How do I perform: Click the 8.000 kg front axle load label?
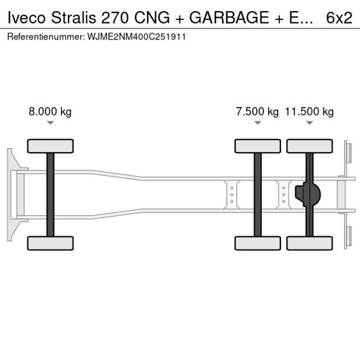pyautogui.click(x=50, y=112)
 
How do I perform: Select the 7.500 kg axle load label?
pyautogui.click(x=257, y=112)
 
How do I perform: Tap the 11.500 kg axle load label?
pyautogui.click(x=309, y=112)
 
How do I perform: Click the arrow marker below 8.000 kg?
pyautogui.click(x=51, y=123)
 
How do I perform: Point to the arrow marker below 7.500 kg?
pyautogui.click(x=257, y=123)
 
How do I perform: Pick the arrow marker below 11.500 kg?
pyautogui.click(x=309, y=123)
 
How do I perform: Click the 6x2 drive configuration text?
pyautogui.click(x=339, y=18)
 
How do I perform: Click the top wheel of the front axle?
pyautogui.click(x=51, y=146)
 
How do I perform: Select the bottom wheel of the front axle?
pyautogui.click(x=51, y=243)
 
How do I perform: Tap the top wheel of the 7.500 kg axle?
pyautogui.click(x=257, y=146)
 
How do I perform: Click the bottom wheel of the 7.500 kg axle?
pyautogui.click(x=257, y=243)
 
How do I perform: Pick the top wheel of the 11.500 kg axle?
pyautogui.click(x=309, y=146)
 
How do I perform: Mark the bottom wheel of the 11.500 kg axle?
pyautogui.click(x=309, y=243)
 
